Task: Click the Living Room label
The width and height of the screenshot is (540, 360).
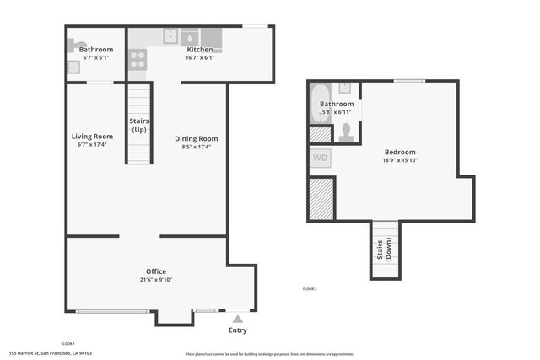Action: [x=92, y=136]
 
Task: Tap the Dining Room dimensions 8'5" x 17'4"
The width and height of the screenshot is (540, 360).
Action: [x=197, y=147]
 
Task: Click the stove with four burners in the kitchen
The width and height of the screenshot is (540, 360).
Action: [x=138, y=59]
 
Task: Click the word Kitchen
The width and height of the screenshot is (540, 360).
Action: [x=199, y=50]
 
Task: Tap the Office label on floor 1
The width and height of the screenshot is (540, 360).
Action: [x=155, y=271]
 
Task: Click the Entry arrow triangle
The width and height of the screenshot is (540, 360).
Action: [x=238, y=319]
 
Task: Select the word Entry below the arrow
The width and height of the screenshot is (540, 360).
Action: [x=238, y=330]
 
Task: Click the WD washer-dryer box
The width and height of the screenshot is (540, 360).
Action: [x=321, y=158]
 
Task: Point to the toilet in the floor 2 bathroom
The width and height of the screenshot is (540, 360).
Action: [x=346, y=132]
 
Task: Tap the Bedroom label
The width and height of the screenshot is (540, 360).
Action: [x=400, y=152]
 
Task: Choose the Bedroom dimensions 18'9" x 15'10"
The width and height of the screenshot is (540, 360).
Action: [x=400, y=160]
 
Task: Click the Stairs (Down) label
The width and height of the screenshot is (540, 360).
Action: [x=385, y=250]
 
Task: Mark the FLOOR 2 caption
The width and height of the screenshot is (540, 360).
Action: [x=310, y=289]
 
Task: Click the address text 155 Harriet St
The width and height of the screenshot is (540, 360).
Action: [x=50, y=354]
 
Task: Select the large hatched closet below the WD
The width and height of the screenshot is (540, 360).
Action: [x=321, y=198]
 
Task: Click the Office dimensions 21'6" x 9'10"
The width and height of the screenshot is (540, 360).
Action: [x=155, y=281]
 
